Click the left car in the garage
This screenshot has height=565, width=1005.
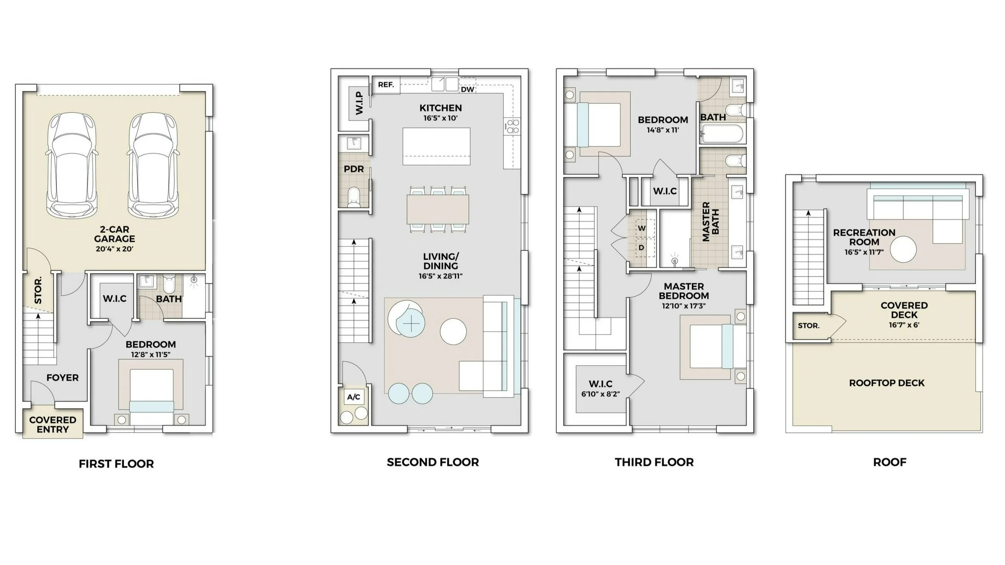tap(71, 165)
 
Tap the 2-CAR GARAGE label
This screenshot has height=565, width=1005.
tap(114, 234)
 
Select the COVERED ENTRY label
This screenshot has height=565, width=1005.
tap(53, 425)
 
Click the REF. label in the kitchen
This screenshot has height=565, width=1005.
tap(386, 85)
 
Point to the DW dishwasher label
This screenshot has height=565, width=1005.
tap(467, 89)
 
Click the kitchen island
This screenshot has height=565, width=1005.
tap(436, 146)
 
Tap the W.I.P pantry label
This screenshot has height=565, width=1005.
tap(359, 103)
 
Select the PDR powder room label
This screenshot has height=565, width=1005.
tap(354, 169)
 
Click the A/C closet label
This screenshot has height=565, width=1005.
tap(354, 397)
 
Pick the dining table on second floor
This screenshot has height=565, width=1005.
tap(437, 209)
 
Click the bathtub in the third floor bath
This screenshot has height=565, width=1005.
tap(722, 134)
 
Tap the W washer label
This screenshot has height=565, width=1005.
tap(642, 228)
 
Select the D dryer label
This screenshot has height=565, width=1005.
tap(641, 248)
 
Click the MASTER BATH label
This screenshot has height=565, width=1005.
tap(710, 222)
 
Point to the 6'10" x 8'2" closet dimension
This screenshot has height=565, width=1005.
tap(600, 394)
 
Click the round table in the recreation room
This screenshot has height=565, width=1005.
tap(903, 249)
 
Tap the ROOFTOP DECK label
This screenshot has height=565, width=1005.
tap(886, 383)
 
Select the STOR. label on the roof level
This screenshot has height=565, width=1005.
tap(808, 326)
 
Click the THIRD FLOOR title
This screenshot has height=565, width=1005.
tap(654, 462)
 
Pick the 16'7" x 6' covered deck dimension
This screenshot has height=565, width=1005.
tap(904, 326)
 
